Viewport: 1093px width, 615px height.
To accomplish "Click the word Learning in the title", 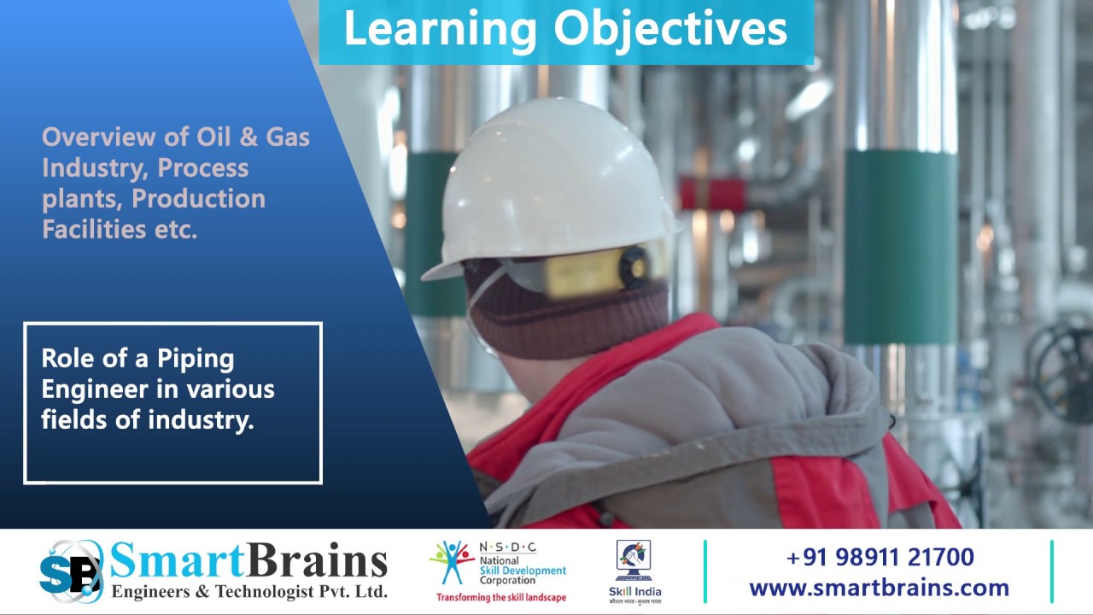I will tap(440, 29).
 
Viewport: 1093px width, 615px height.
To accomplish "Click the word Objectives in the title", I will tap(670, 29).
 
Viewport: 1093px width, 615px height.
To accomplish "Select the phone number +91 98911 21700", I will tap(880, 558).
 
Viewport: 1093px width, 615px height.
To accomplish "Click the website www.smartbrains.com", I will tap(879, 588).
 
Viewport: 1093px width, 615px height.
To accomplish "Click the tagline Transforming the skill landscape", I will tap(500, 597).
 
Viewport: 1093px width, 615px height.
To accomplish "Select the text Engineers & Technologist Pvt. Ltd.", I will tap(249, 591).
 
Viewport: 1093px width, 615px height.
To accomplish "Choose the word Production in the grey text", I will tap(198, 198).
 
